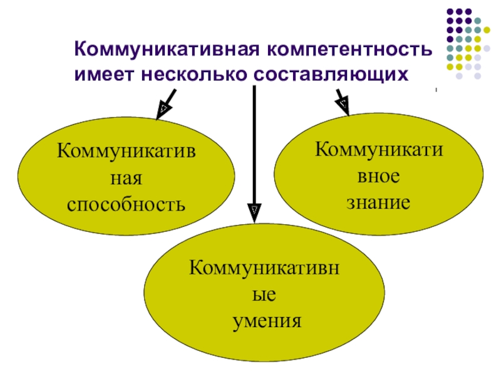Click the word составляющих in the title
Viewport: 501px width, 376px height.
click(332, 74)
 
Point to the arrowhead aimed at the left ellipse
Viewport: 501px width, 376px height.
click(162, 110)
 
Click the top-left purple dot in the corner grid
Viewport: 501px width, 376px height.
click(448, 11)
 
